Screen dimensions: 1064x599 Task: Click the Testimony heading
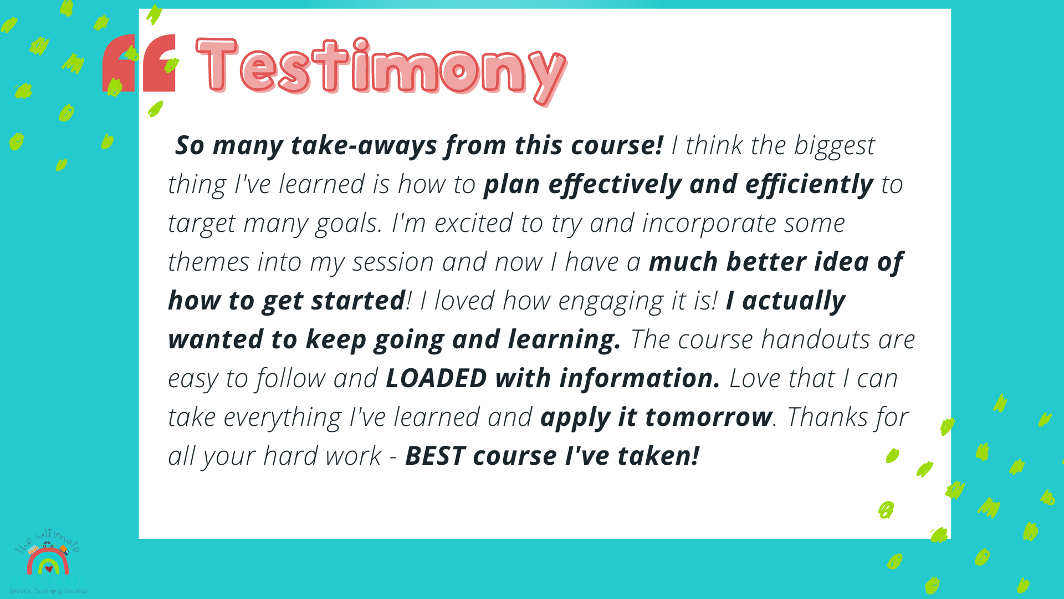[x=381, y=69]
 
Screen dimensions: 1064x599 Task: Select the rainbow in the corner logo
[x=48, y=561]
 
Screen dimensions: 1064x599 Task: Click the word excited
[x=473, y=224]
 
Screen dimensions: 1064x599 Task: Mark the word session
[x=392, y=262]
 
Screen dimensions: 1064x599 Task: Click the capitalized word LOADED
[x=436, y=379]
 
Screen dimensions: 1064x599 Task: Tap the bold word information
[x=640, y=379]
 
